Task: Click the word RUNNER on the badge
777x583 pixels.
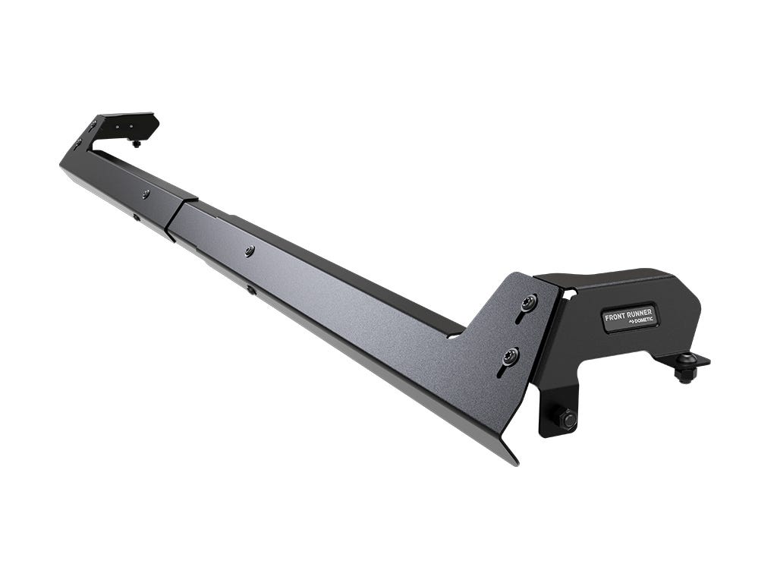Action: click(640, 310)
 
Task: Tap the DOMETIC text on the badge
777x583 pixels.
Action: click(638, 321)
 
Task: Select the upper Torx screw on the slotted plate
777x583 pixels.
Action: click(528, 303)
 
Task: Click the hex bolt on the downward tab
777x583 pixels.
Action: click(566, 418)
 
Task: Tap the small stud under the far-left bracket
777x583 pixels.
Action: click(136, 142)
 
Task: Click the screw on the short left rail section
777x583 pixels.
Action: click(145, 194)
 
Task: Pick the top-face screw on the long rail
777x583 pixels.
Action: click(250, 250)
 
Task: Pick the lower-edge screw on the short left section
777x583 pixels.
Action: click(137, 218)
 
